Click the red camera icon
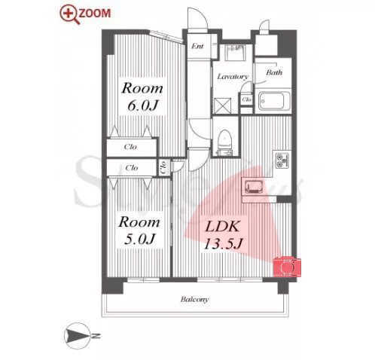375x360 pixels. pyautogui.click(x=287, y=267)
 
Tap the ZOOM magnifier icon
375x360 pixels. pyautogui.click(x=69, y=15)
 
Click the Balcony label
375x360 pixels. pyautogui.click(x=194, y=299)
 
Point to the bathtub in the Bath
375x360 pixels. pyautogui.click(x=274, y=101)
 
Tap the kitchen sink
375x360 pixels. pyautogui.click(x=254, y=187)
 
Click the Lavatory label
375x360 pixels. pyautogui.click(x=233, y=77)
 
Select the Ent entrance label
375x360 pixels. pyautogui.click(x=197, y=46)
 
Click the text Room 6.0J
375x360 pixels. pyautogui.click(x=142, y=97)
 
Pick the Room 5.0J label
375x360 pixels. pyautogui.click(x=139, y=230)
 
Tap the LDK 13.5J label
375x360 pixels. pyautogui.click(x=223, y=235)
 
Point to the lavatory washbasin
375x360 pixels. pyautogui.click(x=234, y=53)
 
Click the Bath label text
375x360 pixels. pyautogui.click(x=274, y=72)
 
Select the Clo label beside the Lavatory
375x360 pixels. pyautogui.click(x=246, y=99)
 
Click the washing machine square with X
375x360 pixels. pyautogui.click(x=222, y=105)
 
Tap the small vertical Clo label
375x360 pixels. pyautogui.click(x=163, y=167)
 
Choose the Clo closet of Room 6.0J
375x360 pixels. pyautogui.click(x=131, y=147)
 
